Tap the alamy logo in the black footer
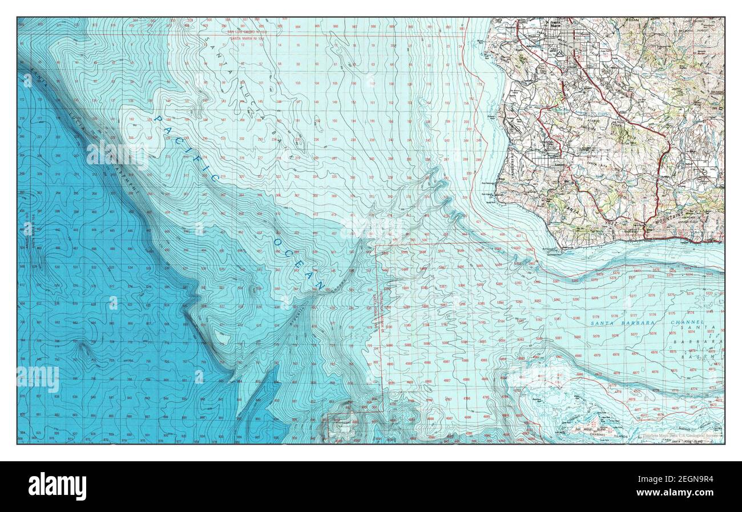pos(57,486)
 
